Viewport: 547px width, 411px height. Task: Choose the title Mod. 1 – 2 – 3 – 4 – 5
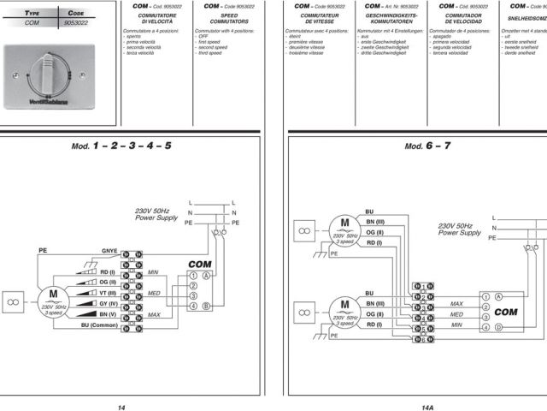coord(121,146)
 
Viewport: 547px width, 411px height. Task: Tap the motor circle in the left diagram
coord(53,301)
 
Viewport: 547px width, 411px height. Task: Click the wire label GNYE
coord(109,252)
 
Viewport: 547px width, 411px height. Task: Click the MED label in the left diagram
coord(154,292)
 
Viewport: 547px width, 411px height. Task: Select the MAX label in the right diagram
coord(456,303)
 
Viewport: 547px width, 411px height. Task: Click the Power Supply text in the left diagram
coord(156,217)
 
